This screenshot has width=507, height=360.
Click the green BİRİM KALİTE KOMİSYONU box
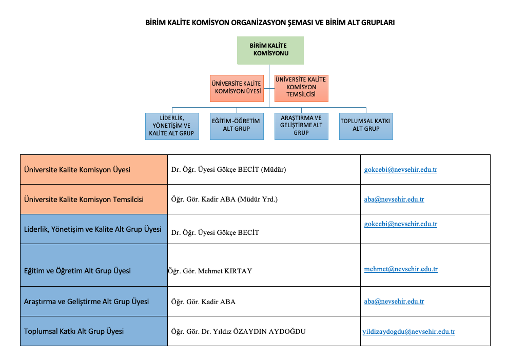click(x=270, y=50)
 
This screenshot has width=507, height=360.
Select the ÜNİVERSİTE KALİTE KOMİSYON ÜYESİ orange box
click(x=237, y=88)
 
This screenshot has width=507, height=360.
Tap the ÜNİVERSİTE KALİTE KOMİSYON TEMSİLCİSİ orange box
click(x=301, y=88)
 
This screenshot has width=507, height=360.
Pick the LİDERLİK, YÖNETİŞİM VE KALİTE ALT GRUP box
click(x=172, y=126)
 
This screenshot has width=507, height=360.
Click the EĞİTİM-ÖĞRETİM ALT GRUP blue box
click(x=237, y=126)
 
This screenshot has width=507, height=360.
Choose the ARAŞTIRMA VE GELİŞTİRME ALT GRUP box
click(x=301, y=126)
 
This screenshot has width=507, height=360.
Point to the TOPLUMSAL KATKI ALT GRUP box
click(x=366, y=126)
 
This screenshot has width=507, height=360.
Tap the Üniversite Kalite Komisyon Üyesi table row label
click(x=77, y=170)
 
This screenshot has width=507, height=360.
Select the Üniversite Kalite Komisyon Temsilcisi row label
click(x=84, y=199)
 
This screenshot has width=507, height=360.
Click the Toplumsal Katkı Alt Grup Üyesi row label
click(x=74, y=331)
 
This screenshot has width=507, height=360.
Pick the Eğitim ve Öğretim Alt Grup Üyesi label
click(x=77, y=271)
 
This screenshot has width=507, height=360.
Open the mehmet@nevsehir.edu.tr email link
click(x=401, y=269)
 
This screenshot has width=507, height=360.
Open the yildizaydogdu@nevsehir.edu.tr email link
click(x=408, y=332)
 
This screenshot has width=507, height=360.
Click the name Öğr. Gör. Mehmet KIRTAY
click(x=210, y=271)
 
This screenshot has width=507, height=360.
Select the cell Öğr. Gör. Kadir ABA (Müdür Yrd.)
click(x=224, y=199)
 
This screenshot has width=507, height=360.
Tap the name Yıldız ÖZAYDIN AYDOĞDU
click(x=259, y=331)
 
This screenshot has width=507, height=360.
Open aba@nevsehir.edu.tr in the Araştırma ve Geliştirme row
click(x=394, y=301)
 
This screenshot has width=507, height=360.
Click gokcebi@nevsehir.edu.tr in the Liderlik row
click(x=401, y=224)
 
